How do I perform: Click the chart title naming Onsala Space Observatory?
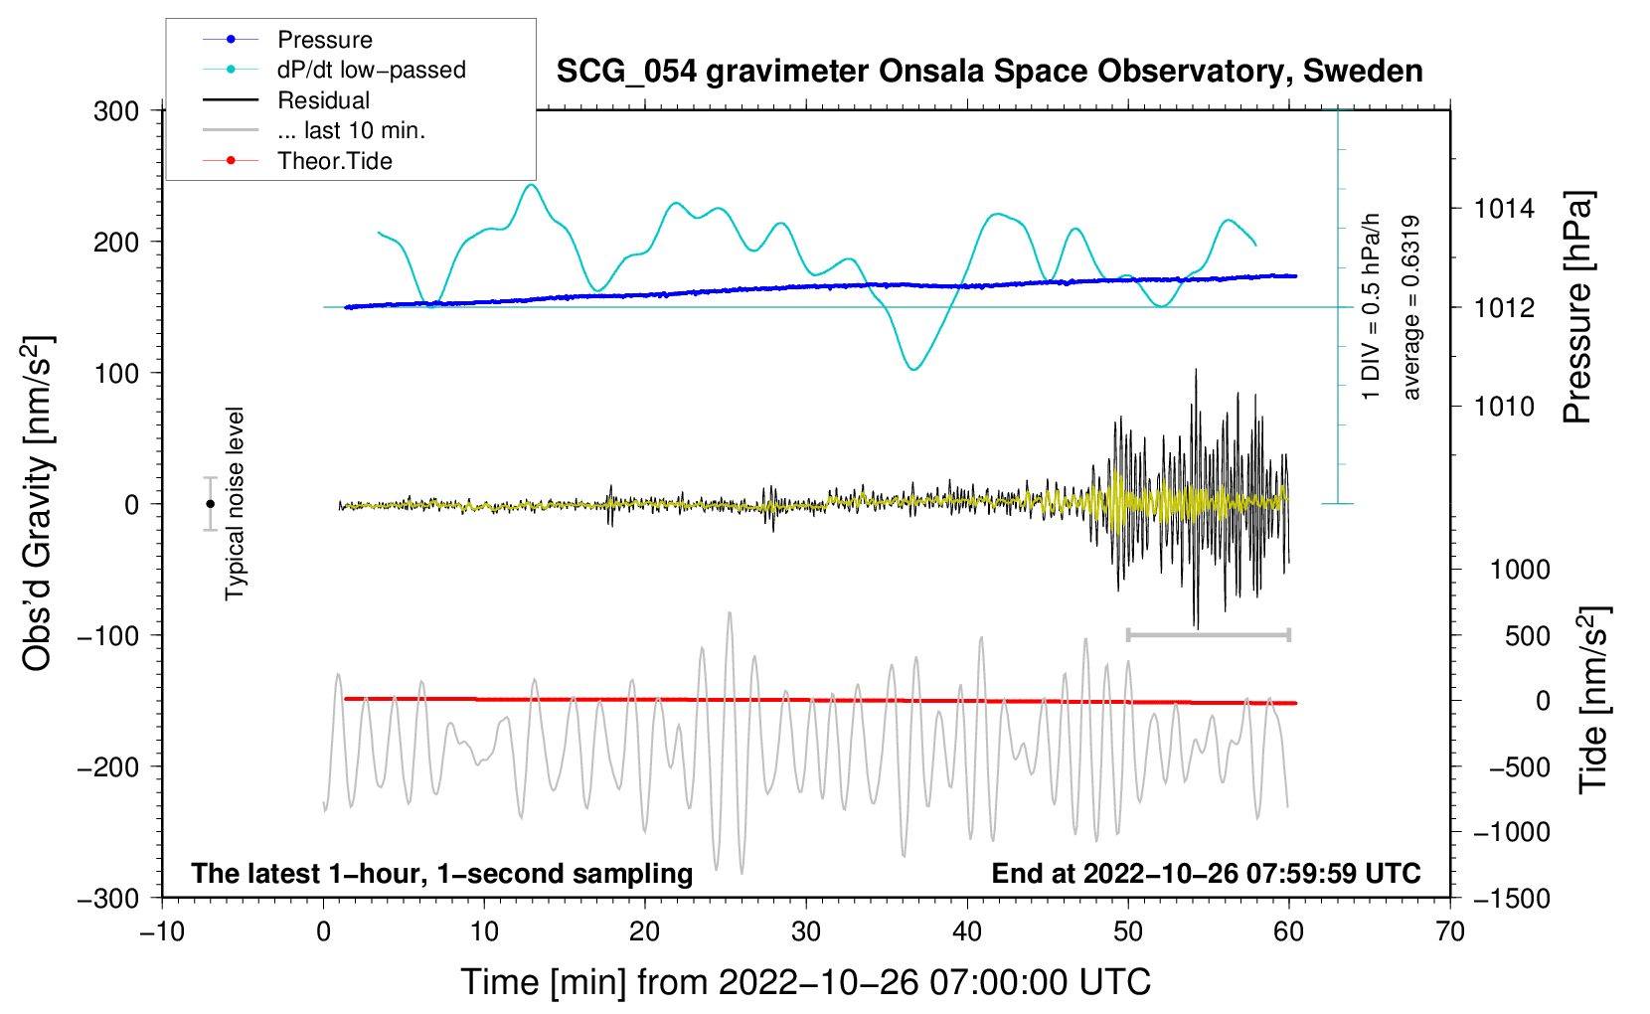989,72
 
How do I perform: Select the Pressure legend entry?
324,40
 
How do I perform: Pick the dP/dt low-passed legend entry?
371,70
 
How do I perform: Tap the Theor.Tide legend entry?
334,161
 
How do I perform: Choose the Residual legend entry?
323,100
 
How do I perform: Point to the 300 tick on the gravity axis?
116,111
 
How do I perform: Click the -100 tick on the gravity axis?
109,635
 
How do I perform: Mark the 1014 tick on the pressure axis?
1504,209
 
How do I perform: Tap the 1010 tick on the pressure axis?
1504,407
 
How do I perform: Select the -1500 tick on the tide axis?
1511,899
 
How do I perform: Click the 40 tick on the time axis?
967,932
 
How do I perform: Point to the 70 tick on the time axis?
1450,932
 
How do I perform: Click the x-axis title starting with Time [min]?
805,982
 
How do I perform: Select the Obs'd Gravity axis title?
38,504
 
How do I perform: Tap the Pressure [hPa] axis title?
1577,307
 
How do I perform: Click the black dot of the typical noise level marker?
211,504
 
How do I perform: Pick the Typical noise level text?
235,504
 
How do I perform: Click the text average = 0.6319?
1411,307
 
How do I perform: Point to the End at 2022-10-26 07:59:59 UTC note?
1206,874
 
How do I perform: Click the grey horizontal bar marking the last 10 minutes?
1208,634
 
